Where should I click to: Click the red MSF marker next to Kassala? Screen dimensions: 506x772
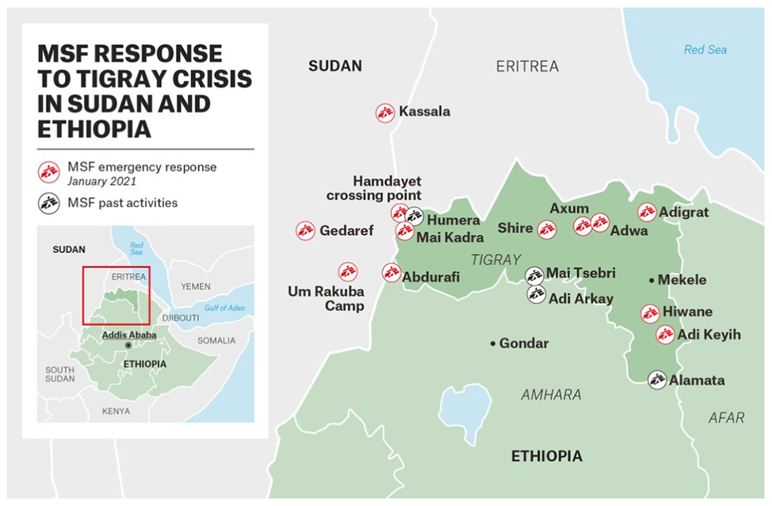(x=385, y=113)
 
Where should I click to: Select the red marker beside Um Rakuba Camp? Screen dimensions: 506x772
(x=347, y=271)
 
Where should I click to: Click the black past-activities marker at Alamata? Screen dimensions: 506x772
(x=656, y=380)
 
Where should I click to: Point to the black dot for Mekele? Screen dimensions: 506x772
(x=652, y=280)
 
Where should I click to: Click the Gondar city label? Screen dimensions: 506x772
(x=523, y=343)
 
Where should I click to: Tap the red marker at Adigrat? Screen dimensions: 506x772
(x=647, y=213)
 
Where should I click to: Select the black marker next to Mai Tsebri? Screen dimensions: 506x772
(x=534, y=274)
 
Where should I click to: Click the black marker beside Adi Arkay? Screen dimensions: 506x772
(x=537, y=294)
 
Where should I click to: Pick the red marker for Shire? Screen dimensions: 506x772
(x=546, y=230)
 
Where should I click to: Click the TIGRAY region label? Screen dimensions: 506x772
(x=495, y=259)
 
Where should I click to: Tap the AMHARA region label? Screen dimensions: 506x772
(x=551, y=394)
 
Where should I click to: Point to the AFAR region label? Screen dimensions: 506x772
(x=726, y=417)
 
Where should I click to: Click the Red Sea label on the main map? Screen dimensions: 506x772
(x=705, y=50)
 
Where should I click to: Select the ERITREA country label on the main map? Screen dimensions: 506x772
(x=527, y=67)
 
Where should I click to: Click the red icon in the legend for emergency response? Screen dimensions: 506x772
(x=49, y=171)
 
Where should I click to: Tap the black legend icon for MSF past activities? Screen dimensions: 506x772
(x=49, y=202)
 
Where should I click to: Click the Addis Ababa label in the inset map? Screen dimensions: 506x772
(x=128, y=335)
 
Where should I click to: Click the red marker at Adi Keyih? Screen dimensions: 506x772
(x=665, y=335)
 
